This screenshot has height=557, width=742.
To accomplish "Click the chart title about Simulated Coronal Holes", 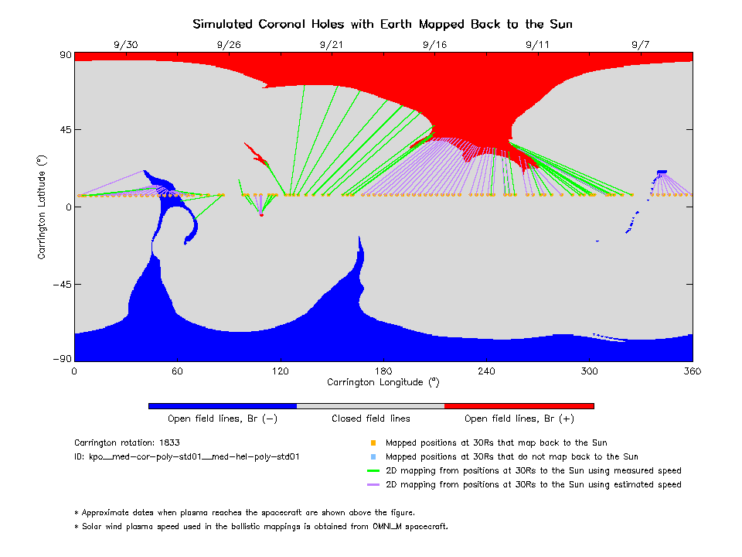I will pos(383,24).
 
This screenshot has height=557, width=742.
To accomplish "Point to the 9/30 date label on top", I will pos(125,44).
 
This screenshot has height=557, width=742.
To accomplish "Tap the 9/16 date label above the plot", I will pos(434,44).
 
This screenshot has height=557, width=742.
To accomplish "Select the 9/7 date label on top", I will pos(640,44).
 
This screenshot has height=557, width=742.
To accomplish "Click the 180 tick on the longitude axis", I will pos(383,371).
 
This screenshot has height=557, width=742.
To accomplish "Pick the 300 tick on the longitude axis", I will pos(589,371).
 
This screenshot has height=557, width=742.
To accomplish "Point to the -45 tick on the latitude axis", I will pos(60,284).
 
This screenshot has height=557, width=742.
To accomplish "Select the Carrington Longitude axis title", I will pos(383,382).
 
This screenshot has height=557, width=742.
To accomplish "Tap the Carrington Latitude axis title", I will pos(42,207).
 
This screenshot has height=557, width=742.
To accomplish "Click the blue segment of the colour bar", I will pos(223,405).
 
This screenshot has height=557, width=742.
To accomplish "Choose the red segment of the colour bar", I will pos(519,405).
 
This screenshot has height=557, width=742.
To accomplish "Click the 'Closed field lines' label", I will pos(371,419).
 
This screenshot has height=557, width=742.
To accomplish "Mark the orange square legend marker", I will pos(373,443).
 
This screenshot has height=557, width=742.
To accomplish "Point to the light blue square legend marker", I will pos(373,457).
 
